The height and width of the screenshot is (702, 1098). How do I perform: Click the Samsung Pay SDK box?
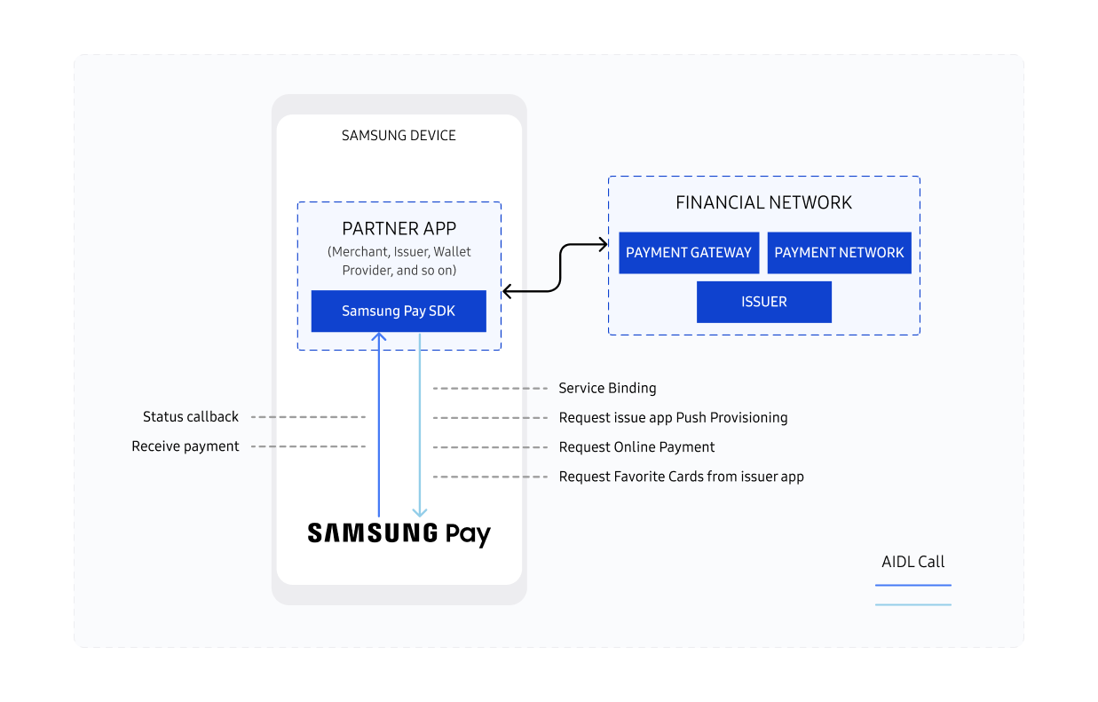(399, 311)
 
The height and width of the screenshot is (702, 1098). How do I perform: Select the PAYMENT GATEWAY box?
(689, 253)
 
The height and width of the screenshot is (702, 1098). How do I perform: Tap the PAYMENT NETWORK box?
(839, 253)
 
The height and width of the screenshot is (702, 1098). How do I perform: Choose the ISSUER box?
(764, 302)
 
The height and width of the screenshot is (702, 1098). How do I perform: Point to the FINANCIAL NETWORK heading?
(763, 202)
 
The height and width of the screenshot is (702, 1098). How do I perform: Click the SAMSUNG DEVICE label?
(399, 136)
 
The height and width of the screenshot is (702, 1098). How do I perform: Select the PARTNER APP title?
(399, 229)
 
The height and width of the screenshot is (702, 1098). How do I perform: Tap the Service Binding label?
(607, 388)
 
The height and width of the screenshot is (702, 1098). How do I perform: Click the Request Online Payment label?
(636, 447)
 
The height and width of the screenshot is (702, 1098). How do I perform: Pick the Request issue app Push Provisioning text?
(673, 418)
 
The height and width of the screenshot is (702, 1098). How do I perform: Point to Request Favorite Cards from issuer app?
(681, 477)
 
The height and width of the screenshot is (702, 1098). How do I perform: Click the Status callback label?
(191, 417)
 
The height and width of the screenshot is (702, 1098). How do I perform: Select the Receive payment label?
(186, 446)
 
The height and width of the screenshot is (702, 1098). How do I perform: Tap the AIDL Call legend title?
(912, 562)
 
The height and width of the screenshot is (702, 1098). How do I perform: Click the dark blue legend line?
(912, 586)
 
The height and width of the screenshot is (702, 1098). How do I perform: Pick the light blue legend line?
(912, 605)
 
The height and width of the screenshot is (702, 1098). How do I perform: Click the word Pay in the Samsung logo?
(467, 534)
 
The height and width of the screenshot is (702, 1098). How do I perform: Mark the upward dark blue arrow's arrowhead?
(379, 336)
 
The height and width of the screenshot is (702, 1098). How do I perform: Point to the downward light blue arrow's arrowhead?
(420, 512)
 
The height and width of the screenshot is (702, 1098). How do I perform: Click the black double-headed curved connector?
(561, 266)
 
